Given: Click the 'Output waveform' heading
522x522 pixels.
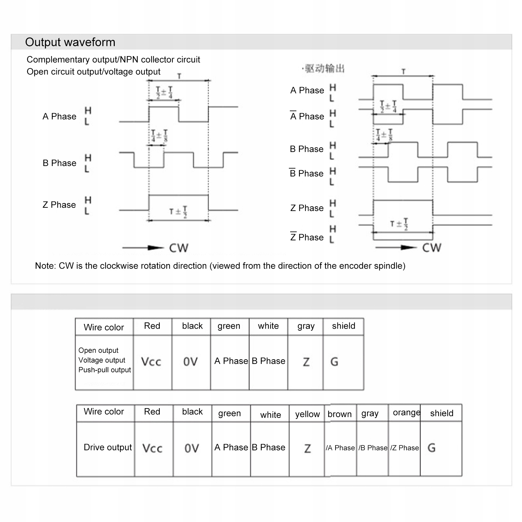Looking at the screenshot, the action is tap(70, 42).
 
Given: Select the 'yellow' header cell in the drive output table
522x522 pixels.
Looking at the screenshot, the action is tap(307, 414).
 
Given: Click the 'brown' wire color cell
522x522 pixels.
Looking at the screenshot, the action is tap(339, 414).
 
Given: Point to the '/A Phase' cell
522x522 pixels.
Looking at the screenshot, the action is tap(340, 448).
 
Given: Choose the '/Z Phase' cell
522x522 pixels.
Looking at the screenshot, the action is tap(405, 448).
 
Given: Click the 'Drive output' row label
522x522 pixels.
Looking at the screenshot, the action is tap(108, 447).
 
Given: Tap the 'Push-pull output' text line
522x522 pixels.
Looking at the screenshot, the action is tap(105, 370).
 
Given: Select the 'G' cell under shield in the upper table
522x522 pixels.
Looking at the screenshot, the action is tap(335, 362).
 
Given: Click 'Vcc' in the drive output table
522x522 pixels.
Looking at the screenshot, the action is tap(152, 448).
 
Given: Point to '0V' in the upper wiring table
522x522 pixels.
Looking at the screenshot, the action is tap(190, 362).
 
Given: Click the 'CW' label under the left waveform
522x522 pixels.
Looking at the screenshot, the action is tap(179, 248).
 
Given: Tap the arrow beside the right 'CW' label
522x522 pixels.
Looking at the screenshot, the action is tap(396, 248).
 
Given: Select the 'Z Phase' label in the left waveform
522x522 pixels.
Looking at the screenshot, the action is tap(59, 205).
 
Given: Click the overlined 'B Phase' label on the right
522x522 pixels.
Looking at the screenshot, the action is tap(306, 173).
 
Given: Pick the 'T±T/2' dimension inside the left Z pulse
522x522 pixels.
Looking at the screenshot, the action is tap(178, 212).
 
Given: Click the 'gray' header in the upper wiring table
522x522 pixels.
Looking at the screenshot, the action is tap(306, 326).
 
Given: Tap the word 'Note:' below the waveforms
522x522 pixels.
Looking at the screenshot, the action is tap(46, 266).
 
